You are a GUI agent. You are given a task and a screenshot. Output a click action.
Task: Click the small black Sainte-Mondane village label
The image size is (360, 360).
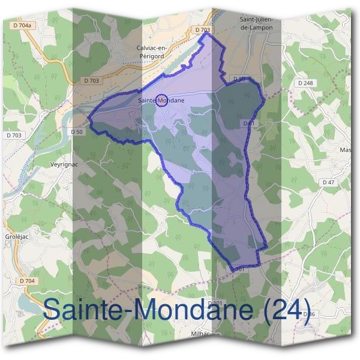(161, 101)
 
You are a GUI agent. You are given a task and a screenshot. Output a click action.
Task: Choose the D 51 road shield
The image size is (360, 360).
(250, 123)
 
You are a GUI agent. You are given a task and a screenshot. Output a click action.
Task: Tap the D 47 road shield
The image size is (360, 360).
(328, 182)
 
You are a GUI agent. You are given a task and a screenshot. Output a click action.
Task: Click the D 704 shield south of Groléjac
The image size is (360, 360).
(28, 280)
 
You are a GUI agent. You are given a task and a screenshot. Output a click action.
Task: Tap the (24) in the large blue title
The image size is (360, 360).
(287, 310)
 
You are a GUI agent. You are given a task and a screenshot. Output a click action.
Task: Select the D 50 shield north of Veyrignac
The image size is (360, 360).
(76, 132)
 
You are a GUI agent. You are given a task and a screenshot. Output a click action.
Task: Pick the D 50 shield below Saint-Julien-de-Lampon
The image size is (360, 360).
(239, 79)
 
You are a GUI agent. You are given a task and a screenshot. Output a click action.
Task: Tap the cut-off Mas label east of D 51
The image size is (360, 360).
(346, 149)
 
